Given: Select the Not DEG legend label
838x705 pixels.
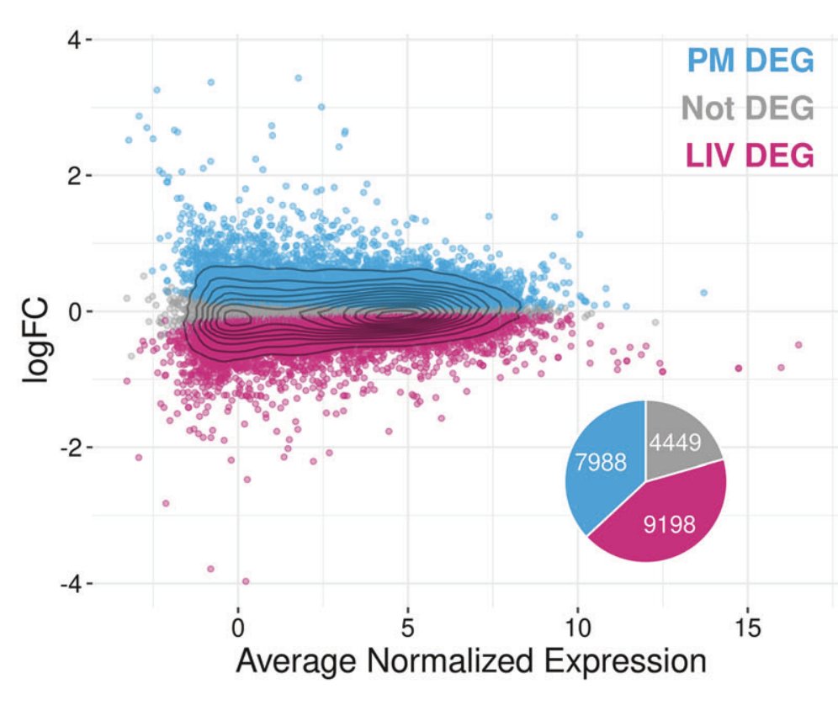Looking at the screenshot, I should [747, 108].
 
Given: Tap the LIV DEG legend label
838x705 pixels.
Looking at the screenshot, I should [750, 155].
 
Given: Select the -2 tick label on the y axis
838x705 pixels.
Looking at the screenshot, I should [66, 448].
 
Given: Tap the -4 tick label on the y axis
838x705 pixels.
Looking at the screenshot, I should [66, 583].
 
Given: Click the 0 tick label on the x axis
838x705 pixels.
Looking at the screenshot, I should [238, 628].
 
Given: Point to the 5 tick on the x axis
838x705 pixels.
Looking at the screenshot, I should [408, 628].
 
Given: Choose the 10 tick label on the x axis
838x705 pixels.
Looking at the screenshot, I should [578, 628].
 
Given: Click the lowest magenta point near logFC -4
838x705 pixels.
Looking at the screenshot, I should [246, 580].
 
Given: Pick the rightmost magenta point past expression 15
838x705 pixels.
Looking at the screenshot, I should [798, 345].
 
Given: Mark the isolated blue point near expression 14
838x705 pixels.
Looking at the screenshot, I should [703, 293].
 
